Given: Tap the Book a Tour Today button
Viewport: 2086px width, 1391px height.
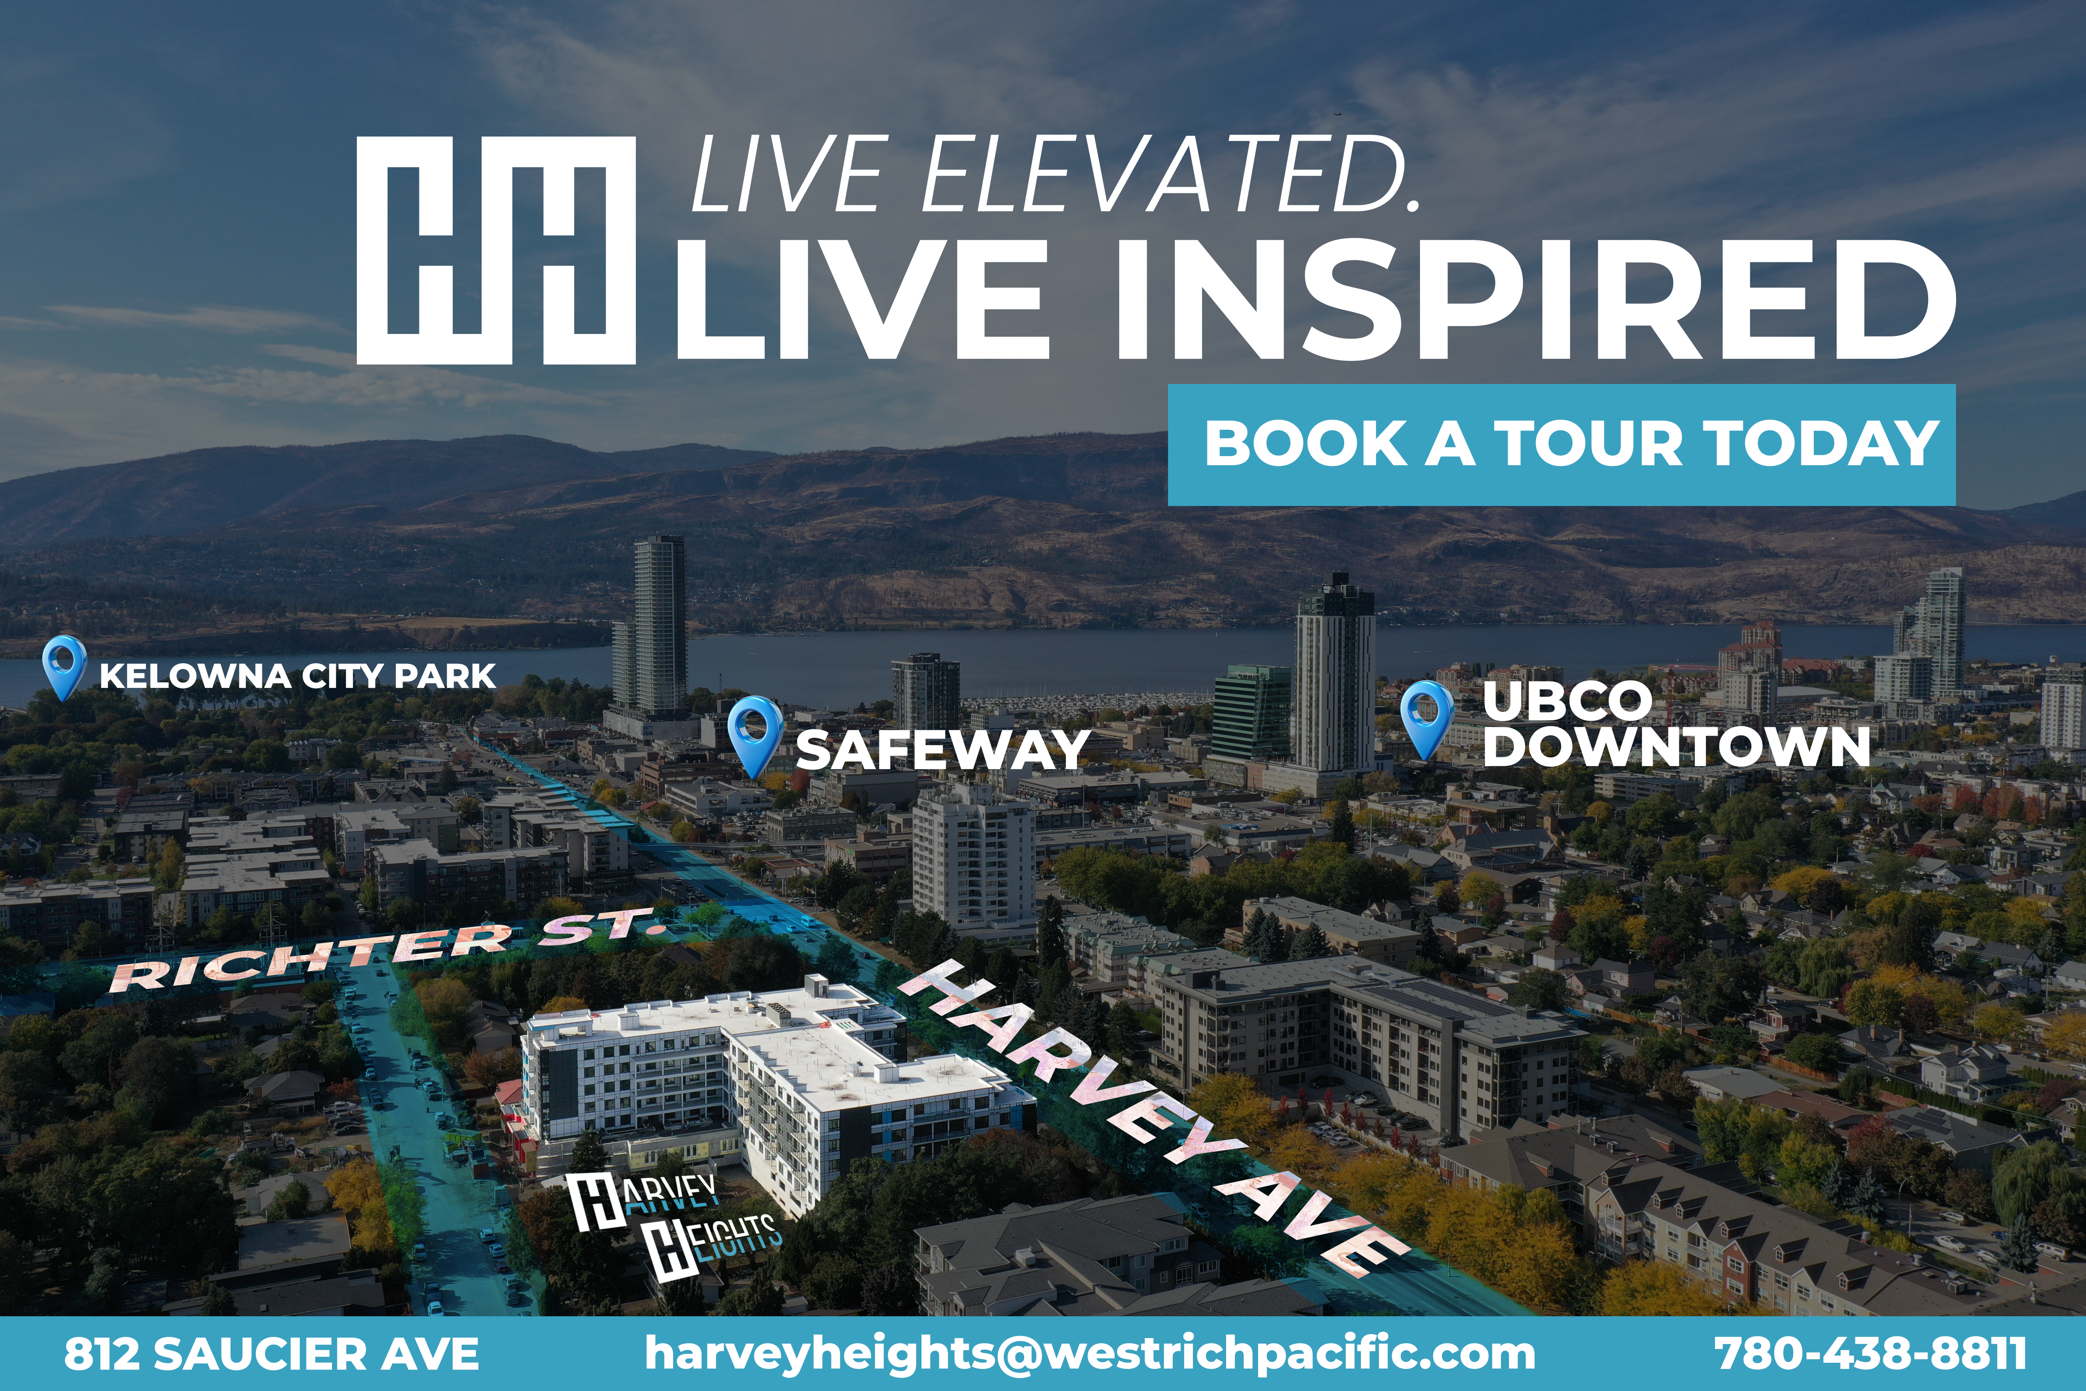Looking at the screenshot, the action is point(1561,445).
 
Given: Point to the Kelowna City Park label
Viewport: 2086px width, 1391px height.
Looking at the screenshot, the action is point(297,676).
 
